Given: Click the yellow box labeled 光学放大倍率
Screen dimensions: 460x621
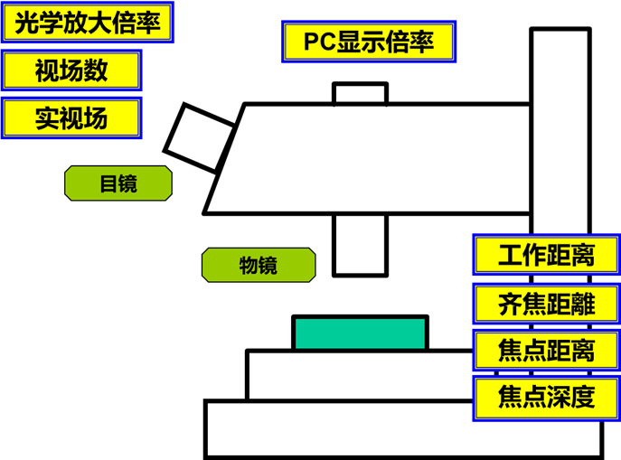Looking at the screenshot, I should point(87,23).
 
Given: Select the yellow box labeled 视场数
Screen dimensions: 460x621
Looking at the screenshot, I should point(71,70).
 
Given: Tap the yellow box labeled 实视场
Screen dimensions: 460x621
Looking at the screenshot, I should point(71,118).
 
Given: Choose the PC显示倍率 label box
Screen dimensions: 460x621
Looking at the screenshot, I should point(368,42).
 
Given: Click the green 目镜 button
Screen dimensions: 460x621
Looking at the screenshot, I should point(118,184).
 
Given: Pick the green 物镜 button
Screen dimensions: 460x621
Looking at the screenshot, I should point(259,265).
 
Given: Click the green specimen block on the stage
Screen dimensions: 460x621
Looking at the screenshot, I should point(360,333).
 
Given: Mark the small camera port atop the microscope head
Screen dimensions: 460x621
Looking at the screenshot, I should point(360,93).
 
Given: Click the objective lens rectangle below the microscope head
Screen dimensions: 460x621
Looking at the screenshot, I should point(360,244).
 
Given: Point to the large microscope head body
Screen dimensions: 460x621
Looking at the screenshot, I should point(380,158).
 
